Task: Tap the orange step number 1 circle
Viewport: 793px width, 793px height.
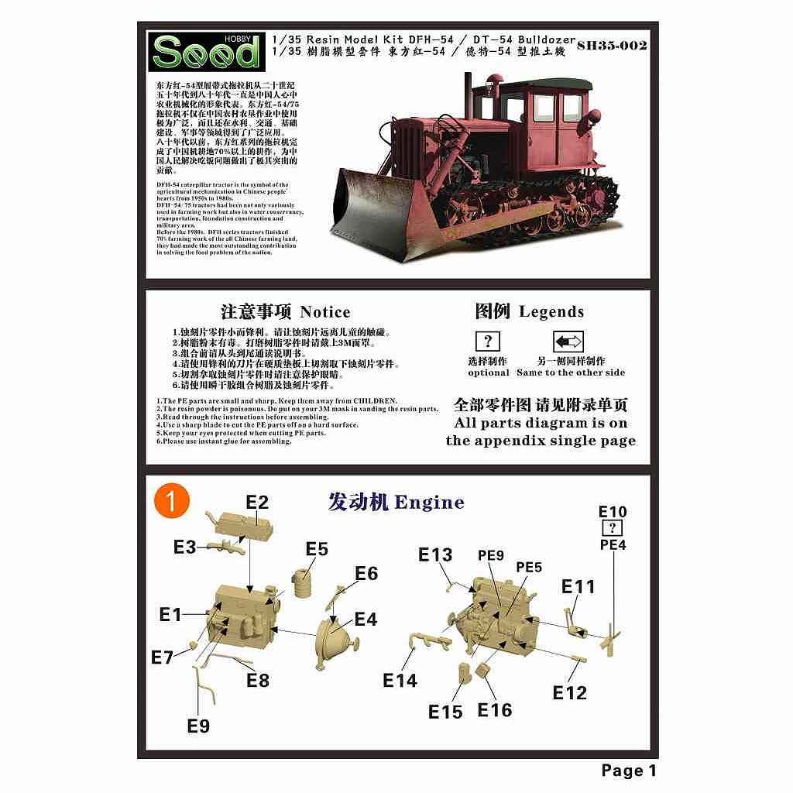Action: point(172,500)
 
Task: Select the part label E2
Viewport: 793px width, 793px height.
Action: point(257,502)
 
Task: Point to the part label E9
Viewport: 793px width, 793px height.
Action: point(198,726)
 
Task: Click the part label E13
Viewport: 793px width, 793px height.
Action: point(435,554)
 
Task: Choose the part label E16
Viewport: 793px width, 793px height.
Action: point(494,709)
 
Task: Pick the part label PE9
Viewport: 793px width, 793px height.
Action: point(490,554)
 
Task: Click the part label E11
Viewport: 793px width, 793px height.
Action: point(578,586)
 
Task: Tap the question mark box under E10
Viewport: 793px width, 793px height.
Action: point(613,528)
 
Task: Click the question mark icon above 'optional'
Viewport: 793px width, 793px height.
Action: point(487,341)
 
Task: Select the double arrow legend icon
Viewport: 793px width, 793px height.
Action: point(568,342)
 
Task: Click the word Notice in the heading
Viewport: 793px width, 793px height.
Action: point(325,312)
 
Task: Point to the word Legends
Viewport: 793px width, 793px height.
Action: point(551,311)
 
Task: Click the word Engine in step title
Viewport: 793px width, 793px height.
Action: point(429,502)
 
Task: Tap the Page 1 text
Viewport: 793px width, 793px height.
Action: point(628,770)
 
